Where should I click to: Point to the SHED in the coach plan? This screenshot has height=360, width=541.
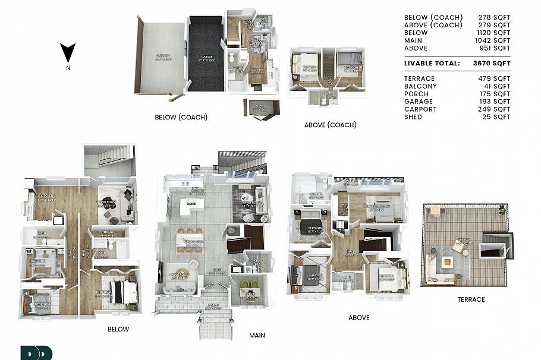coord(260,109)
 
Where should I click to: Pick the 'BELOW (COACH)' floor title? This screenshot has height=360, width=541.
coord(181,118)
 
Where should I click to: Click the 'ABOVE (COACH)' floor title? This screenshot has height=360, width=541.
coord(330,125)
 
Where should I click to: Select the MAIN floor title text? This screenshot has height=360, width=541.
coord(257,336)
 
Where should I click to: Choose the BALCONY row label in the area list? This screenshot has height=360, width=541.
coord(420,86)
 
